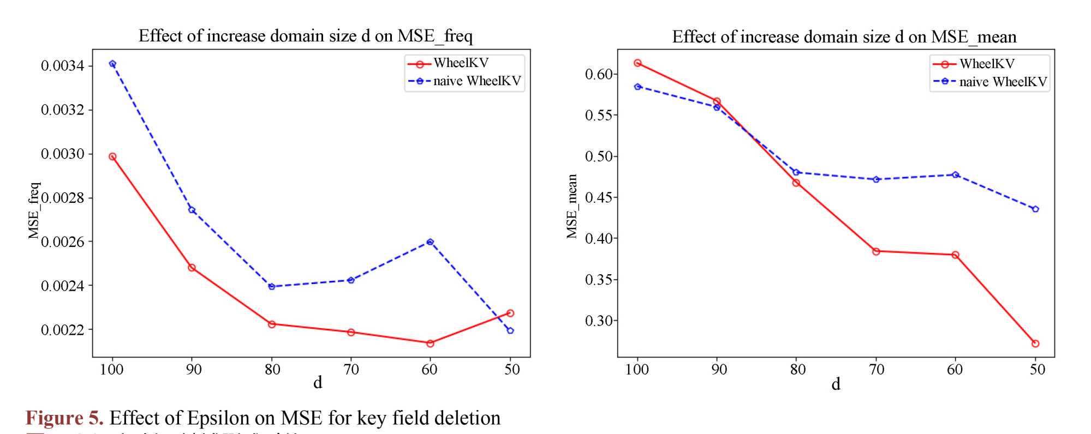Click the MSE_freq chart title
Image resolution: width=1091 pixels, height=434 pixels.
pyautogui.click(x=305, y=36)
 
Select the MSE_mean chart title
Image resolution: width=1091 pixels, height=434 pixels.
pyautogui.click(x=844, y=37)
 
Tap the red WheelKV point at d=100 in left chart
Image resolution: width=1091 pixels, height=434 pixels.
pyautogui.click(x=112, y=156)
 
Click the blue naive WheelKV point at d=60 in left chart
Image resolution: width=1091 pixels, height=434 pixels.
pyautogui.click(x=430, y=242)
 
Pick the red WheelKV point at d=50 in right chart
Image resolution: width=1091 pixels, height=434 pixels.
pyautogui.click(x=1035, y=343)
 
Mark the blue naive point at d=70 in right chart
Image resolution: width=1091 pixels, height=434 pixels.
pyautogui.click(x=876, y=179)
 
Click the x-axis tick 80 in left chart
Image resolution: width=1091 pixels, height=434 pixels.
pyautogui.click(x=272, y=370)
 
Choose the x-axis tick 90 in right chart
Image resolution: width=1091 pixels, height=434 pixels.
pyautogui.click(x=719, y=370)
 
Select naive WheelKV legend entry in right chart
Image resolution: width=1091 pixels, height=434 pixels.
pyautogui.click(x=1003, y=82)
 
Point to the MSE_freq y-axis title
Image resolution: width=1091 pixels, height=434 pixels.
pyautogui.click(x=34, y=210)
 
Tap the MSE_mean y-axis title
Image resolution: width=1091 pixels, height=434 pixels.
pyautogui.click(x=571, y=206)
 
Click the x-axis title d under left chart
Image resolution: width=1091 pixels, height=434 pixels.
pyautogui.click(x=318, y=383)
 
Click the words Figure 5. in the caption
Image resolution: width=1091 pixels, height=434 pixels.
pyautogui.click(x=64, y=418)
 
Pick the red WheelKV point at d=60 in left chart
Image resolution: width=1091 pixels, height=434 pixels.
pyautogui.click(x=430, y=343)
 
